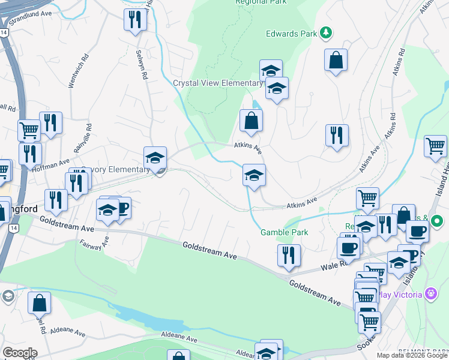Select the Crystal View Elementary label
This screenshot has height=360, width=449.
(217, 83)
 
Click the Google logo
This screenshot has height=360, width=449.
(20, 353)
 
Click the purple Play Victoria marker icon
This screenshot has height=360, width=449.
(430, 294)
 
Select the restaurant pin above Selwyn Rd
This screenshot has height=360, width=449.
(135, 19)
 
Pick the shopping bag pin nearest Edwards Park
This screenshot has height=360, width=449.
(336, 60)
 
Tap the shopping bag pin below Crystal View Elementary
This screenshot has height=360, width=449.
(250, 120)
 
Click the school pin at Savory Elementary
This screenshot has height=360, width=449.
(155, 158)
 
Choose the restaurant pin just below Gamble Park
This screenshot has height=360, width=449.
(289, 254)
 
